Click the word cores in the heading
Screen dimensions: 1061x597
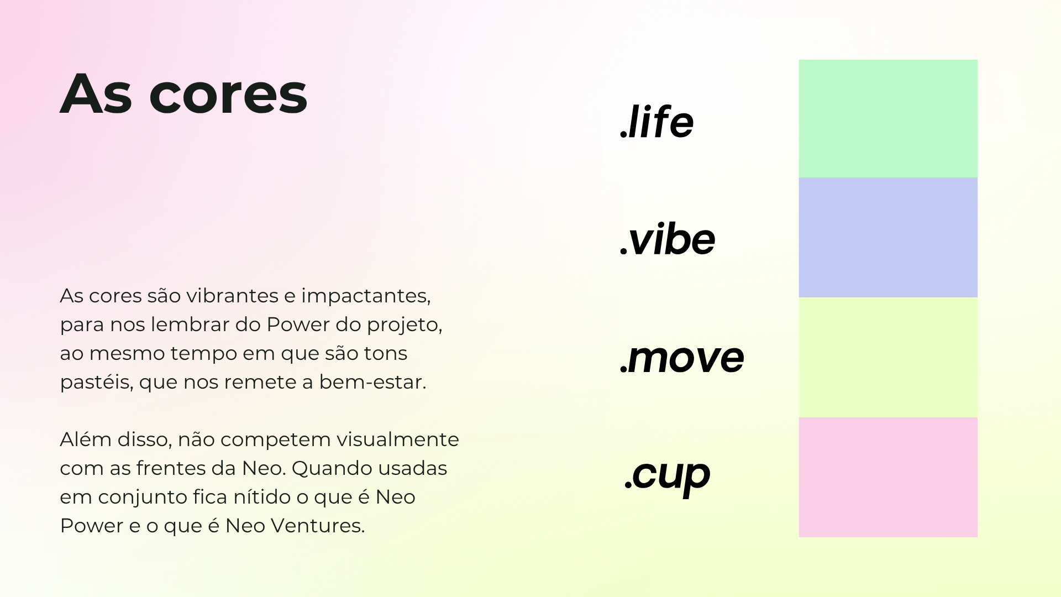coord(228,94)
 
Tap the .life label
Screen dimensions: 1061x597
coord(656,121)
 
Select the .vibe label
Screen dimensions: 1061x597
coord(668,239)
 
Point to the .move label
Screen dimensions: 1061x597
coord(682,358)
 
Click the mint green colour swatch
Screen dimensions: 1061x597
coord(888,119)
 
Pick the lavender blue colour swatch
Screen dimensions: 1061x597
coord(888,238)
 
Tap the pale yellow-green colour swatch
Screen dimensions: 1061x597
coord(888,358)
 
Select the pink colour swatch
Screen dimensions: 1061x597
coord(888,478)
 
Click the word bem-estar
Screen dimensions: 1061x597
coord(372,382)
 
